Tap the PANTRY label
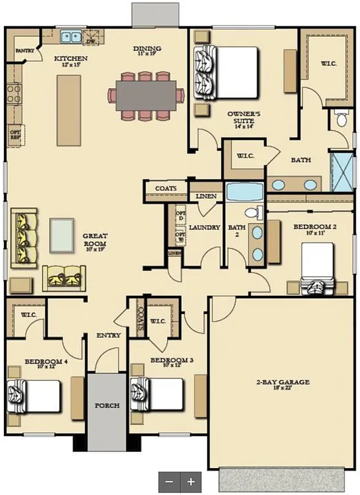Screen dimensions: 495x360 pyautogui.click(x=25, y=49)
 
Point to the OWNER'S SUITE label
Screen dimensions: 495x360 pyautogui.click(x=243, y=117)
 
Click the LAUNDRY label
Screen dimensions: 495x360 pyautogui.click(x=205, y=228)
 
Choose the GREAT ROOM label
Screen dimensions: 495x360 pyautogui.click(x=95, y=239)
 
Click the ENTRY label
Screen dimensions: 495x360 pyautogui.click(x=109, y=335)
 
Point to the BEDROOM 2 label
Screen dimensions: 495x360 pyautogui.click(x=314, y=227)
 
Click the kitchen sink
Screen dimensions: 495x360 pyautogui.click(x=72, y=37)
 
